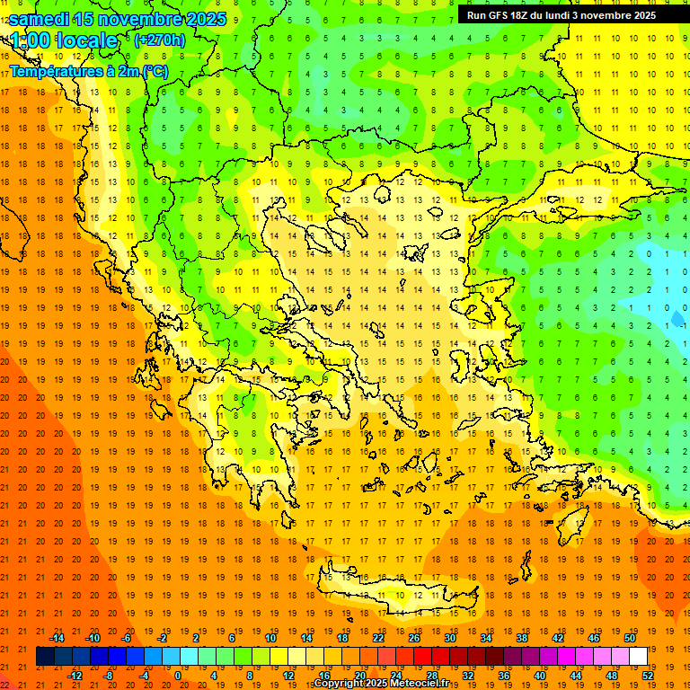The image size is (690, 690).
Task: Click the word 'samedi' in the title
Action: (x=40, y=19)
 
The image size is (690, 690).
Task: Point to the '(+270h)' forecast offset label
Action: (x=160, y=40)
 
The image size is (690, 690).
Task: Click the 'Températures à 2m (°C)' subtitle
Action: (x=88, y=71)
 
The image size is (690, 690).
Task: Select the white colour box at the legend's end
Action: (x=638, y=657)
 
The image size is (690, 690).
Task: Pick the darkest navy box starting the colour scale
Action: (x=45, y=657)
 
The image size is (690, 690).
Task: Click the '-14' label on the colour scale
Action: (x=57, y=638)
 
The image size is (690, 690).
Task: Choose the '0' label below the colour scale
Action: (x=177, y=676)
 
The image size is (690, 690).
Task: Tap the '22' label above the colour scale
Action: (x=378, y=638)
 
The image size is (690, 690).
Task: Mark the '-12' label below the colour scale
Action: (x=75, y=676)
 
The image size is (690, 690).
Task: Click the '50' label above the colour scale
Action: (x=629, y=638)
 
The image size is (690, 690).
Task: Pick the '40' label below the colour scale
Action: (x=540, y=676)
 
